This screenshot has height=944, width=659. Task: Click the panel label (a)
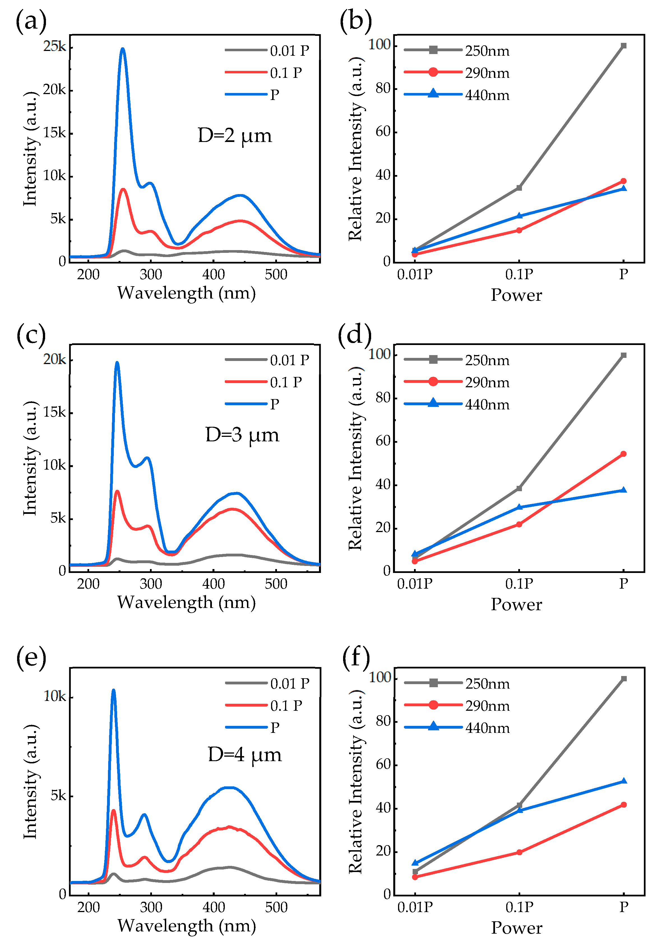pyautogui.click(x=31, y=20)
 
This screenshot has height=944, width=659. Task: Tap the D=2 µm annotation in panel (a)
pyautogui.click(x=235, y=135)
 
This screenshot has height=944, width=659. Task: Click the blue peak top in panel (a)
pyautogui.click(x=122, y=49)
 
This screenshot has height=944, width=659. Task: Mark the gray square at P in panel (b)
pyautogui.click(x=624, y=46)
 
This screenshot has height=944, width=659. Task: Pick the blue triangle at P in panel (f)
pyautogui.click(x=624, y=781)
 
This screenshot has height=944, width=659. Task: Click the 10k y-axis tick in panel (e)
pyautogui.click(x=54, y=696)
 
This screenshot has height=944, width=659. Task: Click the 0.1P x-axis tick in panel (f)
pyautogui.click(x=519, y=906)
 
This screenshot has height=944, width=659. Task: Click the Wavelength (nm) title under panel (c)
pyautogui.click(x=186, y=602)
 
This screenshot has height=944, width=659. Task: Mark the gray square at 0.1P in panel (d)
pyautogui.click(x=519, y=488)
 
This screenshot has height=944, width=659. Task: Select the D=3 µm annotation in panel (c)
pyautogui.click(x=242, y=435)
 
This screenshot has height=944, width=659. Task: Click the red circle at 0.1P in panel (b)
pyautogui.click(x=519, y=230)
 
